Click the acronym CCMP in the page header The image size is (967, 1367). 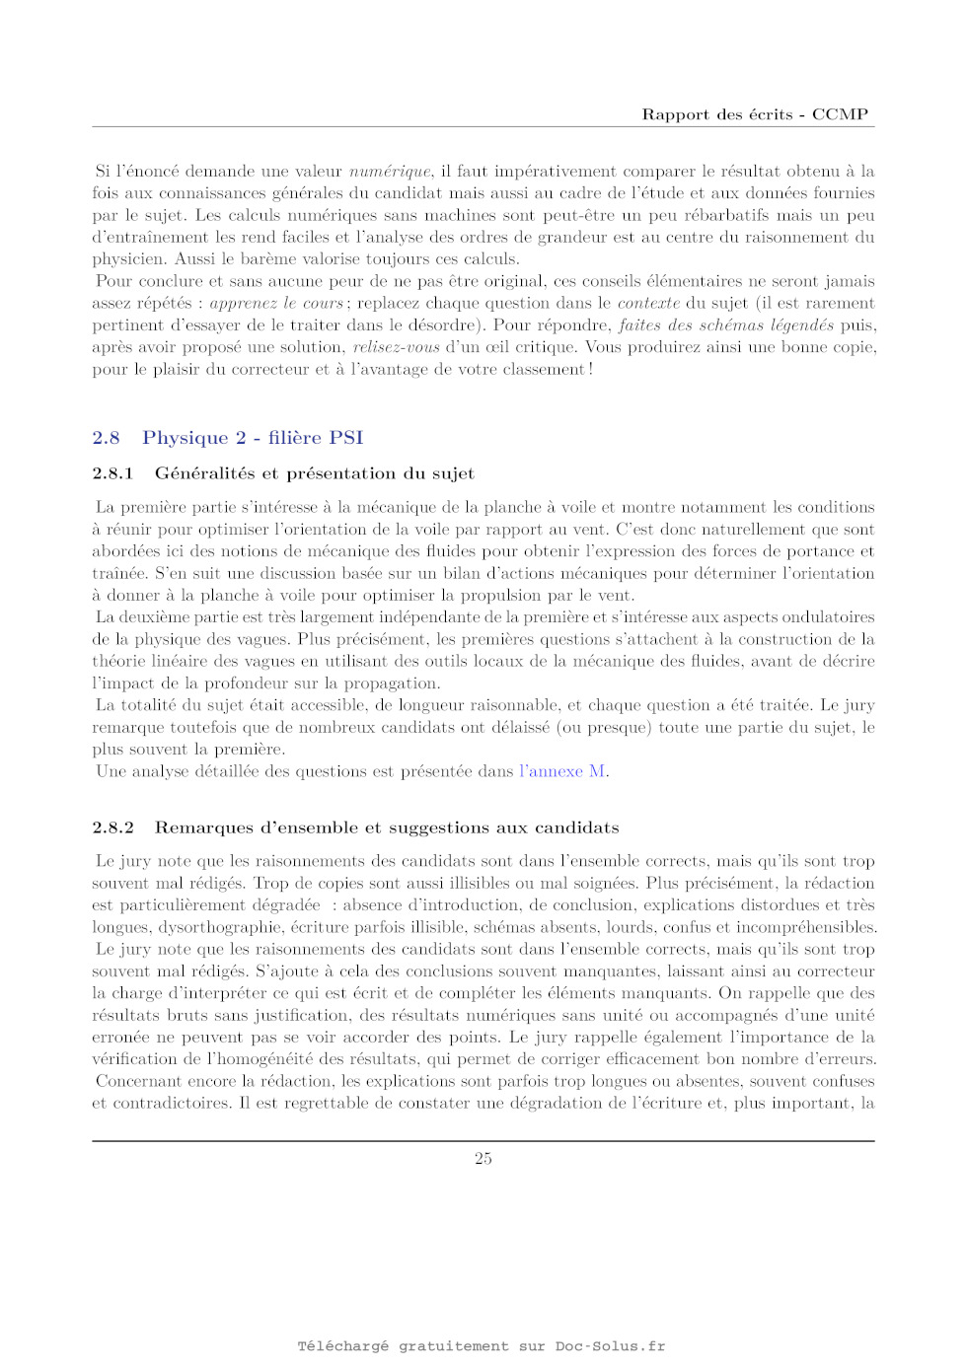(x=840, y=114)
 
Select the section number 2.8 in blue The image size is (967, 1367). (x=106, y=438)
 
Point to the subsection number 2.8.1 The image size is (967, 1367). (x=112, y=473)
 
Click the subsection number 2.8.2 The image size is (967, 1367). (x=112, y=827)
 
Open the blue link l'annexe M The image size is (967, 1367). (x=562, y=771)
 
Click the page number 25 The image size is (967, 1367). (x=483, y=1159)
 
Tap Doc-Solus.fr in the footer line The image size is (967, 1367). (x=610, y=1346)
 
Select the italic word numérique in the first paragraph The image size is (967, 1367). (x=390, y=172)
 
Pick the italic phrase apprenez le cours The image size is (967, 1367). (x=276, y=304)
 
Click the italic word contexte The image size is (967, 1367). (x=648, y=304)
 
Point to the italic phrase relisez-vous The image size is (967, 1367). (x=396, y=347)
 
